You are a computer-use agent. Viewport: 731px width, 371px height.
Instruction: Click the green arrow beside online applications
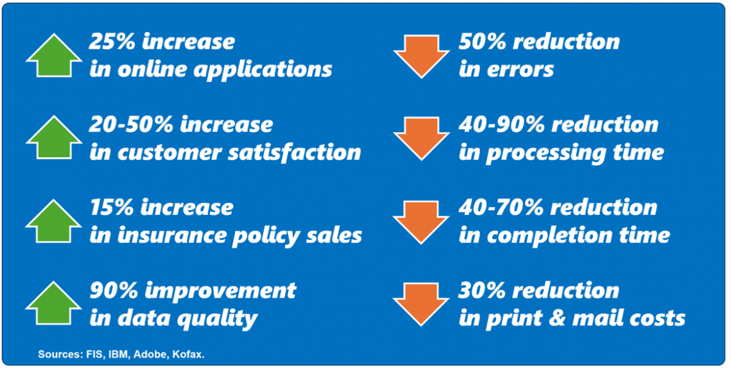pos(54,55)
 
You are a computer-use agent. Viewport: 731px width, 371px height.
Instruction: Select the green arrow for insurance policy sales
pos(54,221)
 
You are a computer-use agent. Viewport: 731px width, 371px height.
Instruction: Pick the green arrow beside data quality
pos(54,303)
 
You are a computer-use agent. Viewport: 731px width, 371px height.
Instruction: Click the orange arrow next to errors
pos(422,57)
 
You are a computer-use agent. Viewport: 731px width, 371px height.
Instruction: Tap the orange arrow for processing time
pos(422,139)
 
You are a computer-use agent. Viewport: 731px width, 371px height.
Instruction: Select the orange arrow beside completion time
pos(421,222)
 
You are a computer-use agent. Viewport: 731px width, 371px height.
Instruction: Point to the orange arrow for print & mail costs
pos(421,305)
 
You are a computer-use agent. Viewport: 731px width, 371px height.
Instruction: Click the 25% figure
pos(112,41)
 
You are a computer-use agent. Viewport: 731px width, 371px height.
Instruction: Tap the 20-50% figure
pos(131,124)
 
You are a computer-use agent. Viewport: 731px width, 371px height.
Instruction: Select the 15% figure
pos(111,207)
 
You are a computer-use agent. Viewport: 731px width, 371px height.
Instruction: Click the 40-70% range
pos(501,207)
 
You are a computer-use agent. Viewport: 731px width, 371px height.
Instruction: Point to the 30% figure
pos(482,290)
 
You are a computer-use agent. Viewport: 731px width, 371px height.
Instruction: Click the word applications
pos(263,70)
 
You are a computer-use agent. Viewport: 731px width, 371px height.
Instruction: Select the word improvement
pos(221,290)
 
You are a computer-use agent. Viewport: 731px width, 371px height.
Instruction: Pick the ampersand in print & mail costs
pos(557,318)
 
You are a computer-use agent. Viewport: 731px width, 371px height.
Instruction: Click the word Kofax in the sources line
pos(188,355)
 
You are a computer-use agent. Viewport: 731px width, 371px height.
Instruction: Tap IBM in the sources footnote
pos(119,355)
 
